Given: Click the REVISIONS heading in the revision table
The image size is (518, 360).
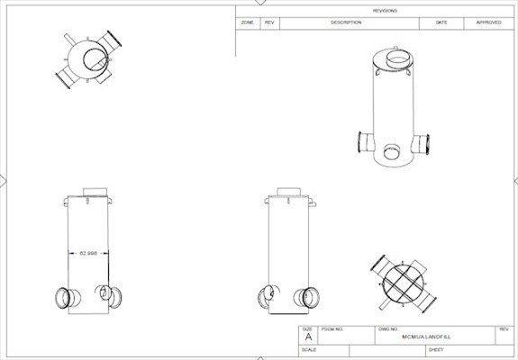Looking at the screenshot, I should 385,10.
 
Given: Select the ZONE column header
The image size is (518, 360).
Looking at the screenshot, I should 248,22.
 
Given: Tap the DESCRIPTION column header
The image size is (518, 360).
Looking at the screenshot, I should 345,22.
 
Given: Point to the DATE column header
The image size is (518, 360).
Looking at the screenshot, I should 441,22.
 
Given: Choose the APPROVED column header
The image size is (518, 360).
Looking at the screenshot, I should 488,22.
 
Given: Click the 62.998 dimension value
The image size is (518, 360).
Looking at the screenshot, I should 89,253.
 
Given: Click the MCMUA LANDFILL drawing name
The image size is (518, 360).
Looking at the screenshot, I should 426,337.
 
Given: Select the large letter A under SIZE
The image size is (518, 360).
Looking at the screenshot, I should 308,337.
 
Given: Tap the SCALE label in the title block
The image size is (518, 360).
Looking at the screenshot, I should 309,349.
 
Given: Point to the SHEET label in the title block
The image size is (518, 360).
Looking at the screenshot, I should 436,349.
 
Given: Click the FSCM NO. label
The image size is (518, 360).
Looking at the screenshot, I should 333,329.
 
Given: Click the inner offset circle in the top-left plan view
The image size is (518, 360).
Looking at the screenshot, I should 93,60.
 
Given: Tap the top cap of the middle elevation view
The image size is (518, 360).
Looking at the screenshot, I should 288,192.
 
